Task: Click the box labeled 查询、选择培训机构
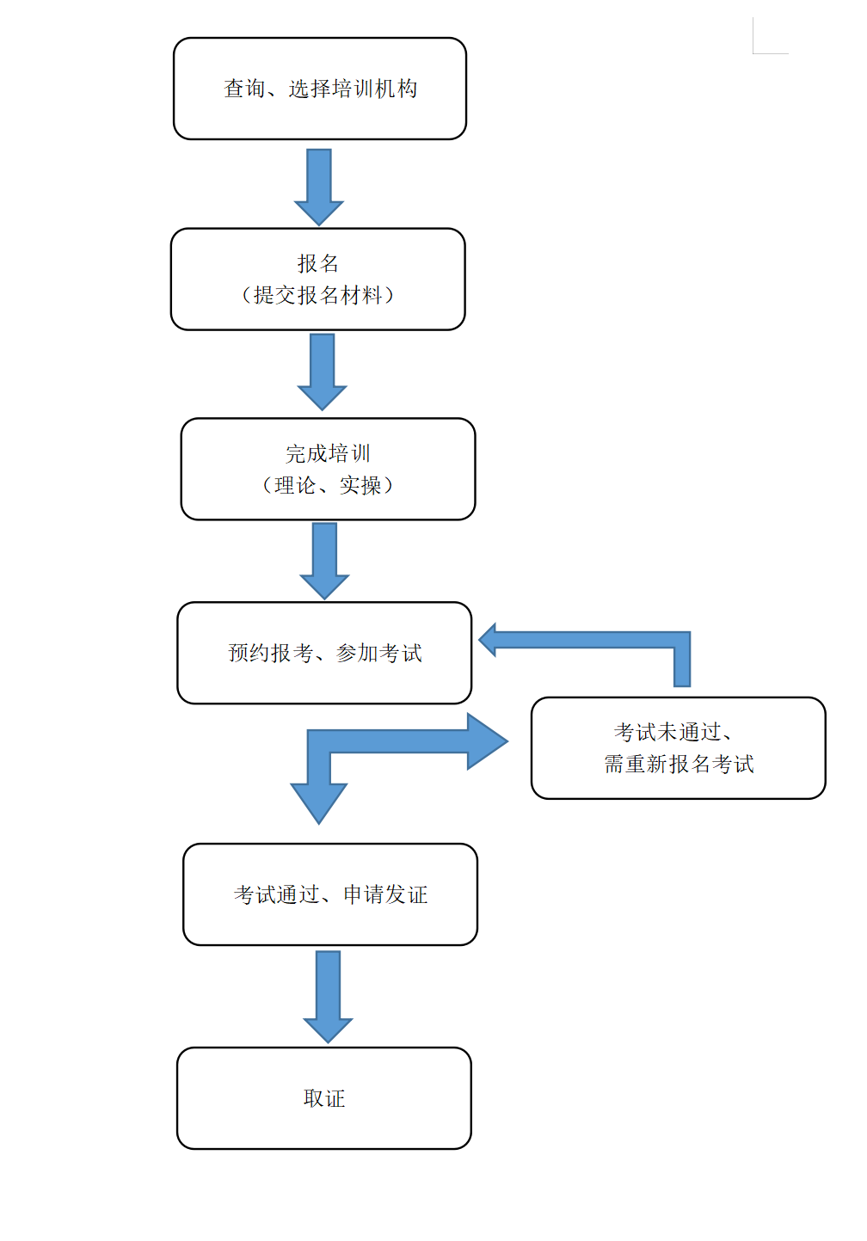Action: point(320,89)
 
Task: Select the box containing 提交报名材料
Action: point(317,280)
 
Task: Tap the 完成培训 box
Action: point(328,470)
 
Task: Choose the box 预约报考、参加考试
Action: point(324,654)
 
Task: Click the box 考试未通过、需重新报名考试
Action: point(678,748)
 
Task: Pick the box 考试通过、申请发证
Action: point(330,894)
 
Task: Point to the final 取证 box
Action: point(324,1098)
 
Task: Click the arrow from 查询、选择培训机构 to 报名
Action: point(319,187)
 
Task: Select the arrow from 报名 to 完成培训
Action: point(322,372)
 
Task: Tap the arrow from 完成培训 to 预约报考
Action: point(324,562)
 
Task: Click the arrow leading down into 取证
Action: point(328,998)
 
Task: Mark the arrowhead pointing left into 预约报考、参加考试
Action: point(488,640)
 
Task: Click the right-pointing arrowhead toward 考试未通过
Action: point(487,741)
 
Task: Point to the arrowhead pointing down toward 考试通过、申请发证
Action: point(319,802)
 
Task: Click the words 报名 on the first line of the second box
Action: point(317,264)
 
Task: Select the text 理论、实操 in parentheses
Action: point(328,485)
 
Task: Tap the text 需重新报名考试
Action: point(679,764)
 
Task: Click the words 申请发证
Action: point(385,894)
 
